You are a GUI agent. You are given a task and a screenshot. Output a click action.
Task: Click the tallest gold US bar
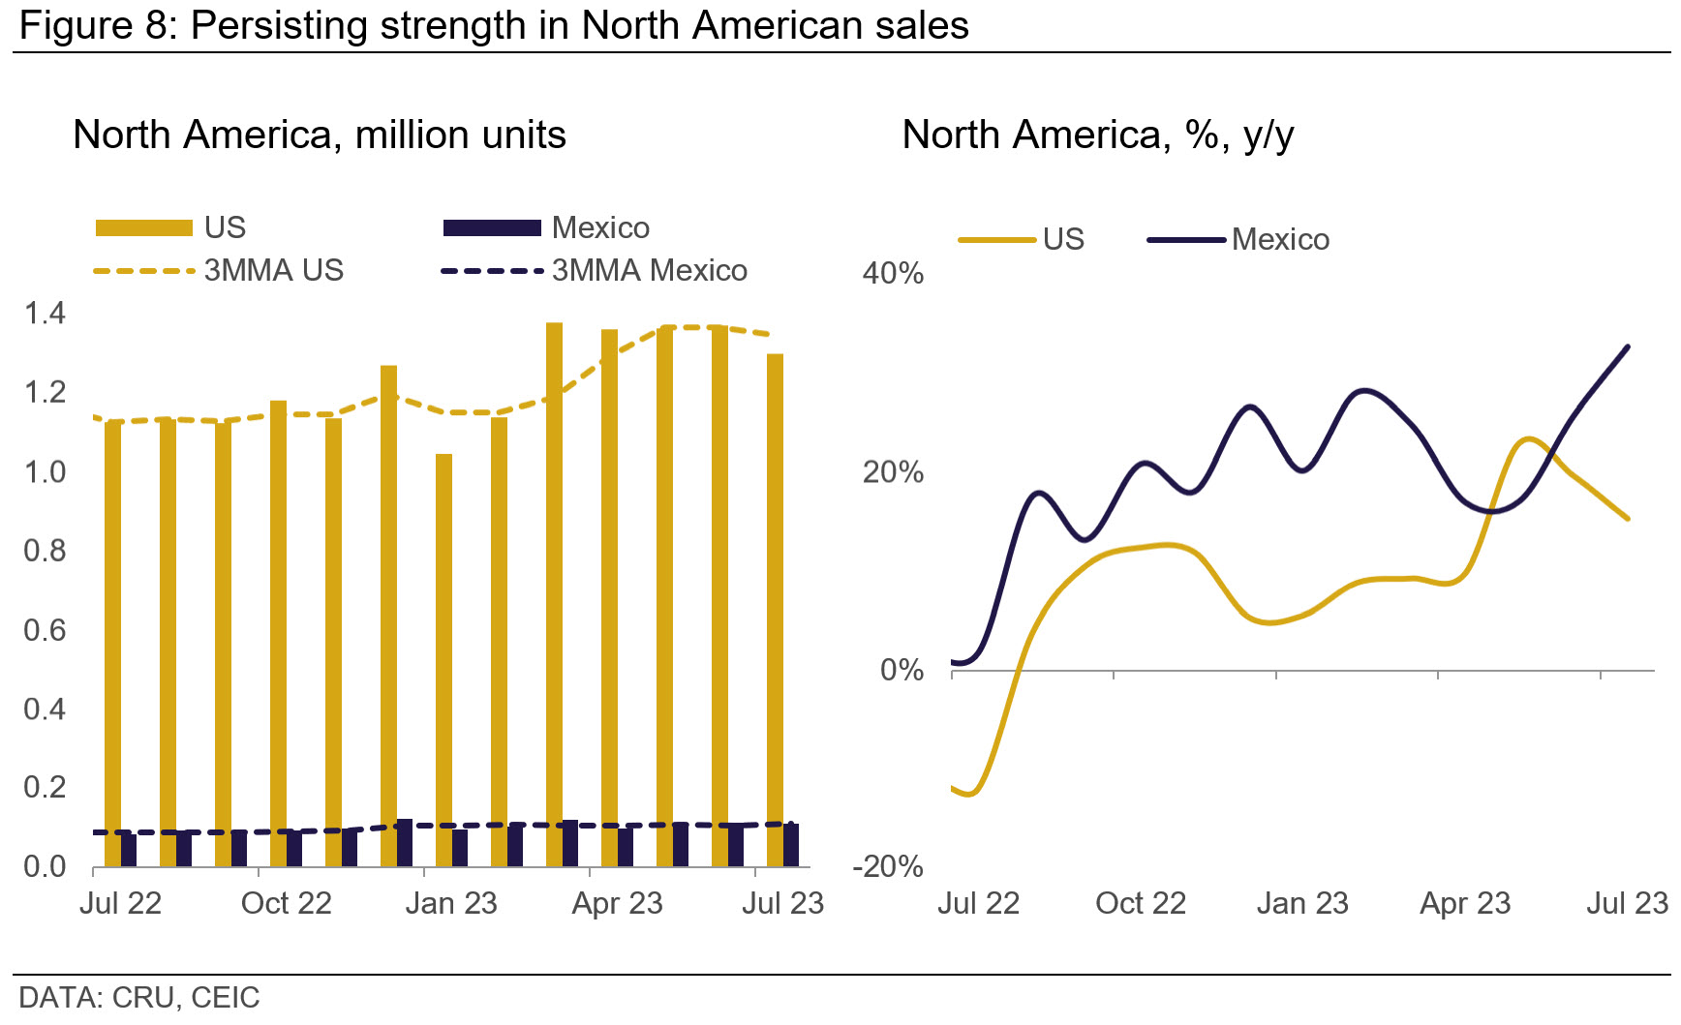click(554, 594)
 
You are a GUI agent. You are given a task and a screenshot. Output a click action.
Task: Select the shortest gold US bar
click(443, 660)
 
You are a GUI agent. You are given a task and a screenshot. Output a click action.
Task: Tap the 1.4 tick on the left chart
click(45, 313)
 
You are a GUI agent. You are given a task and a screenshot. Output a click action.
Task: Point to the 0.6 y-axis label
click(45, 630)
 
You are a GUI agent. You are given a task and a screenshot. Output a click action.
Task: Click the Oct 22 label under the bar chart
click(286, 903)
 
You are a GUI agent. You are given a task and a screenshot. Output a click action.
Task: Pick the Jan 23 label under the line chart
click(1302, 903)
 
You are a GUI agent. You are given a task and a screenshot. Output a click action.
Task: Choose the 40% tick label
click(893, 273)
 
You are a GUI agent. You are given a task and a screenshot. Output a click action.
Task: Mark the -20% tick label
click(888, 866)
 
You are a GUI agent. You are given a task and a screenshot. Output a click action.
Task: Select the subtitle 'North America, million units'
click(320, 135)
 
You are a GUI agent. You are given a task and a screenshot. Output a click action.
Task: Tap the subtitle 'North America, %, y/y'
click(1098, 135)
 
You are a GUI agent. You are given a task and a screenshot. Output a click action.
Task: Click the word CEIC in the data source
click(226, 998)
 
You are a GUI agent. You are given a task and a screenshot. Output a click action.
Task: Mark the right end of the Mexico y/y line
click(1628, 347)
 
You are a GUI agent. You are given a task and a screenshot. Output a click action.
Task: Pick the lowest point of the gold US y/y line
click(969, 795)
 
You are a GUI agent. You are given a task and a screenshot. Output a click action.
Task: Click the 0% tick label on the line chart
click(902, 670)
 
